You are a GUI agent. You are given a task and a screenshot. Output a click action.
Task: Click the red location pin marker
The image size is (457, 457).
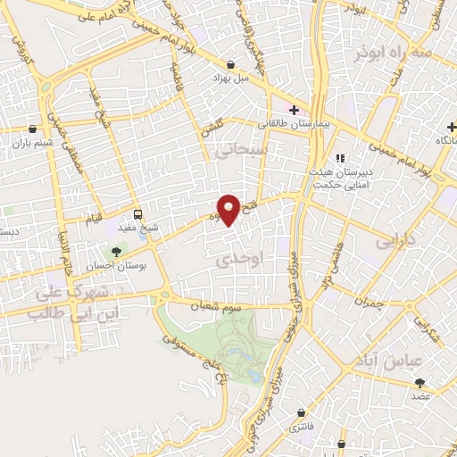pyautogui.click(x=229, y=211)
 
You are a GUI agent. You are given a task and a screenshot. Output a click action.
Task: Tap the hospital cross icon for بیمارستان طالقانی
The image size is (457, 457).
pyautogui.click(x=293, y=110)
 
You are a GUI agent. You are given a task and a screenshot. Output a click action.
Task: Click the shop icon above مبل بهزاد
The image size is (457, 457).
pyautogui.click(x=231, y=65)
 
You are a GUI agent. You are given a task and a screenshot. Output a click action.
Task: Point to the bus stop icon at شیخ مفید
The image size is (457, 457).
pyautogui.click(x=137, y=214)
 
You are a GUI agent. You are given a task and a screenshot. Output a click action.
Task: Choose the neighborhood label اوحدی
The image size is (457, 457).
pyautogui.click(x=237, y=259)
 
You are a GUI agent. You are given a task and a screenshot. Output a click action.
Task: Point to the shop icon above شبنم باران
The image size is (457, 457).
pyautogui.click(x=33, y=128)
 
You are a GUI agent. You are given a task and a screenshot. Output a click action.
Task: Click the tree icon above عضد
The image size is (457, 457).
pyautogui.click(x=420, y=382)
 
